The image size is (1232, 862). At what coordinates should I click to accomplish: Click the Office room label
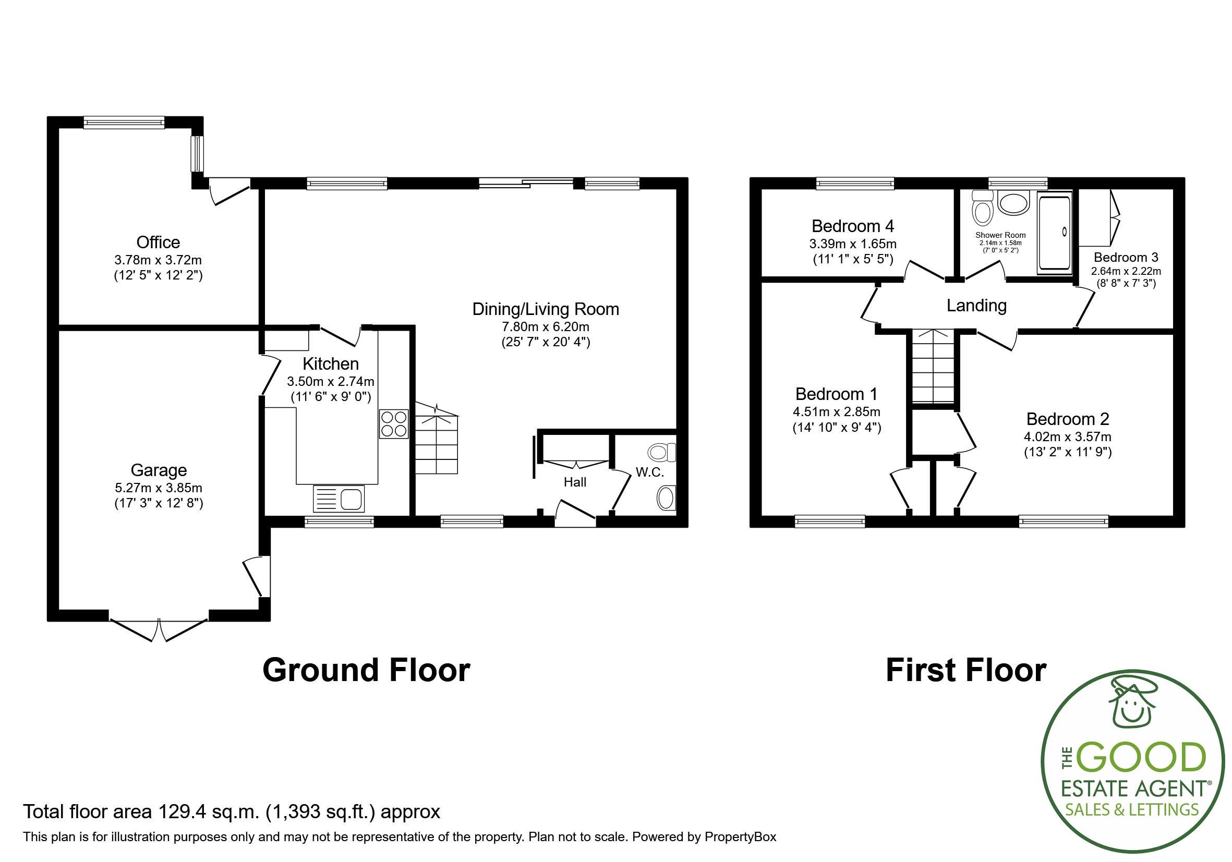pyautogui.click(x=158, y=242)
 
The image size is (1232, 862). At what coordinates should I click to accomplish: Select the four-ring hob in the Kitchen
pyautogui.click(x=393, y=424)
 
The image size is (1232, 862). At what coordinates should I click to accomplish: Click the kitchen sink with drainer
pyautogui.click(x=338, y=499)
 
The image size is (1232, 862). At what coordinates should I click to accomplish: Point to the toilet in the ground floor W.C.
pyautogui.click(x=661, y=452)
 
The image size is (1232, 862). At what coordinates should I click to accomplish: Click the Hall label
pyautogui.click(x=575, y=482)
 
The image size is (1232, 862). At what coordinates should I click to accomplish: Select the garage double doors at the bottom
pyautogui.click(x=159, y=630)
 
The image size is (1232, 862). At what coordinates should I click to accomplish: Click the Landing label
pyautogui.click(x=976, y=306)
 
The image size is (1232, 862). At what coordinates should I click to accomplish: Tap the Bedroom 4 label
pyautogui.click(x=853, y=226)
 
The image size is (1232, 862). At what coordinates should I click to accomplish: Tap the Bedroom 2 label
pyautogui.click(x=1067, y=418)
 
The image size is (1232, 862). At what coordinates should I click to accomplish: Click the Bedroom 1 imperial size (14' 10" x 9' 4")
pyautogui.click(x=837, y=428)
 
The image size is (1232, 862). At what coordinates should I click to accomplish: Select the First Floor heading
pyautogui.click(x=965, y=671)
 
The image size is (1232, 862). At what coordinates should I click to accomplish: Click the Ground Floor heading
pyautogui.click(x=366, y=671)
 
